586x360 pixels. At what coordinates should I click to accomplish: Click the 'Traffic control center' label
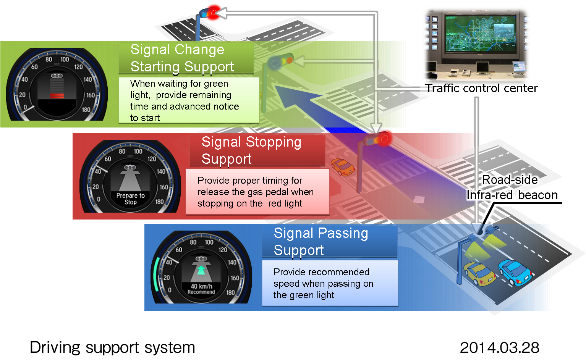(481, 88)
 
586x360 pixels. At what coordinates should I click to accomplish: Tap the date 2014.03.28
(499, 347)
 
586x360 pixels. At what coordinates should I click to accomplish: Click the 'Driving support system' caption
(112, 347)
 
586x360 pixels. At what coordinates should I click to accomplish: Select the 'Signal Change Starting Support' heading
(182, 58)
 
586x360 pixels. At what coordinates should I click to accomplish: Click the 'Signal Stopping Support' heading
(251, 150)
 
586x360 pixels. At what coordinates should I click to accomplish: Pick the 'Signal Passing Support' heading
(321, 241)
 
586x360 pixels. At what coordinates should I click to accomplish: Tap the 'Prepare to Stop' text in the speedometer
(130, 199)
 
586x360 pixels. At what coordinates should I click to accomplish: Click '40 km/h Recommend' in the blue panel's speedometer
(201, 289)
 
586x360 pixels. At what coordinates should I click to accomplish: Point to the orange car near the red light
(342, 166)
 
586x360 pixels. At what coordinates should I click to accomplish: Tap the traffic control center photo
(476, 44)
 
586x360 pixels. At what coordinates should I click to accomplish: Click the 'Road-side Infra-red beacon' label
(512, 187)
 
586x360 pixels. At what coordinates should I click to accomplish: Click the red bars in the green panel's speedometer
(57, 95)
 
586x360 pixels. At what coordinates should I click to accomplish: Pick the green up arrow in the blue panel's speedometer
(201, 270)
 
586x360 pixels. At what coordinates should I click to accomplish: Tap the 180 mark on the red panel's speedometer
(159, 202)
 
